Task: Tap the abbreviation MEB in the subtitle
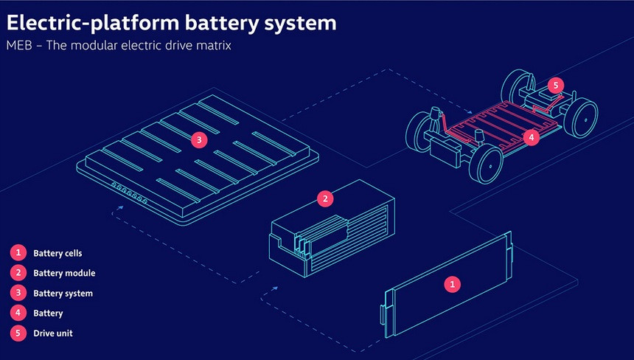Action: [19, 45]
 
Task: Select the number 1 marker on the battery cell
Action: [452, 284]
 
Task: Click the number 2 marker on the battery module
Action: [325, 198]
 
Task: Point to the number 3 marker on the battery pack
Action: [199, 140]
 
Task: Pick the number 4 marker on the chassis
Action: [532, 138]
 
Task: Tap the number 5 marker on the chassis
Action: [556, 86]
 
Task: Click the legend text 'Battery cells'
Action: [58, 253]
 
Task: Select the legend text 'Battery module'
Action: [64, 273]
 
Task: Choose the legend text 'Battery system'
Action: [63, 294]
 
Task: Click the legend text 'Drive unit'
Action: [53, 333]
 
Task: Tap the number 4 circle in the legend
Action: [18, 313]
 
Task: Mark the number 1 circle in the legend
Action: [18, 253]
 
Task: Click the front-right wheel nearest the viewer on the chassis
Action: [486, 165]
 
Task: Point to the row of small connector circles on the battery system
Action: [130, 193]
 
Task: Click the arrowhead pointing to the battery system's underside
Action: [120, 207]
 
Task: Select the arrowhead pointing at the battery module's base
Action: [275, 288]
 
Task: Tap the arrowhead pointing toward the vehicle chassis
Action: [469, 111]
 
